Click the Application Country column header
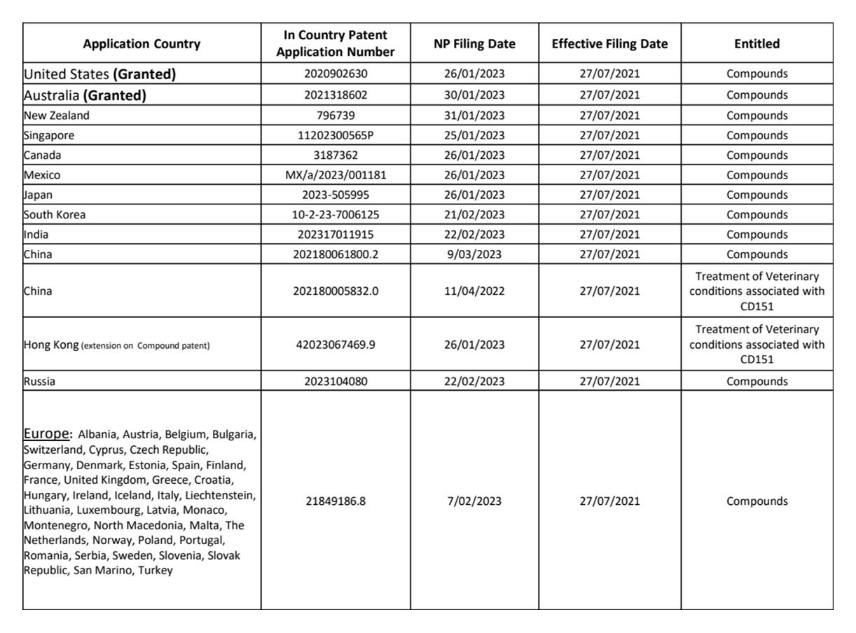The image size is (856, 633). [141, 44]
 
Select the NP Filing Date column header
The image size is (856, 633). [474, 44]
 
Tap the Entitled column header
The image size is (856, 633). [757, 44]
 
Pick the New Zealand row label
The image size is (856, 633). [57, 116]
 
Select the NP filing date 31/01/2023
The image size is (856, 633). [474, 116]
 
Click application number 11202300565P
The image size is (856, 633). [336, 135]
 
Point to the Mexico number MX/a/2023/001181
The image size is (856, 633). [336, 175]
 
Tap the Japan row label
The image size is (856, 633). [38, 195]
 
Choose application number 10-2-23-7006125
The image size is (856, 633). [336, 215]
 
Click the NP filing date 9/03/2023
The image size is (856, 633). [474, 254]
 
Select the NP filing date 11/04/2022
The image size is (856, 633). [474, 291]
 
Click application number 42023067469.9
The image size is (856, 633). [336, 345]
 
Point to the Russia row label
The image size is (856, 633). [39, 382]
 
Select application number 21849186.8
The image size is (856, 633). [336, 501]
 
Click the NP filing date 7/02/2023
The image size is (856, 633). [474, 501]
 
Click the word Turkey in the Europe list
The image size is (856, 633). [156, 570]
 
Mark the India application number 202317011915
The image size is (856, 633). [336, 235]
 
